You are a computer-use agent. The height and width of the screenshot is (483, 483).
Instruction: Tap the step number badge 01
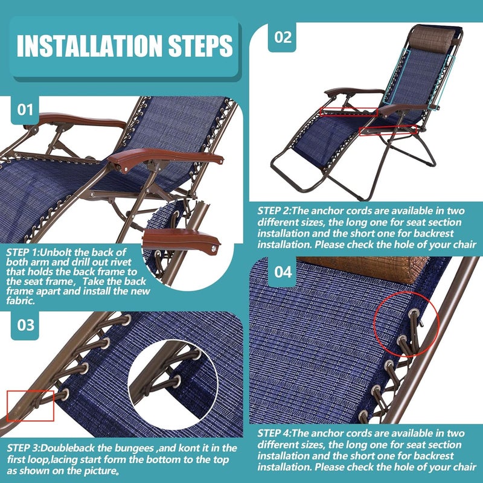point(25,109)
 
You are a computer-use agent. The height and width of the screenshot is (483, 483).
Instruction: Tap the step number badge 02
point(283,37)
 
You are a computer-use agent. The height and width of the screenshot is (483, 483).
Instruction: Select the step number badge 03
point(25,325)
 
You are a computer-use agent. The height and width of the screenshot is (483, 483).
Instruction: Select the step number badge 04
point(283,272)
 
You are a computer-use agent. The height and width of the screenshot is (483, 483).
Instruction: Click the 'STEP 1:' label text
point(24,252)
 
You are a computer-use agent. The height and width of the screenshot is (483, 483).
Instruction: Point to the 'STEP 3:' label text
point(25,447)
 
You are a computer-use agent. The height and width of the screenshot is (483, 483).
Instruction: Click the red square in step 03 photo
point(31,405)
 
